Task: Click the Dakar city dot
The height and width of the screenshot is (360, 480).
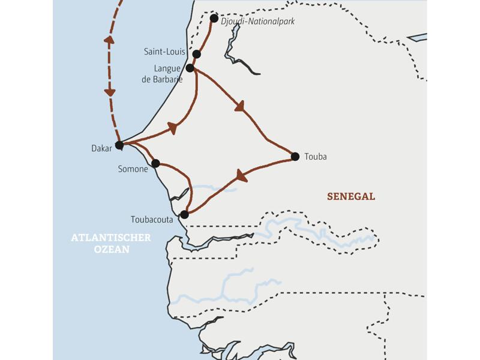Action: click(x=119, y=145)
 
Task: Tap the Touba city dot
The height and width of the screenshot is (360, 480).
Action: click(x=295, y=157)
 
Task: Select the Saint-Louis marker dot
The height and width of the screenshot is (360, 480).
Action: click(x=197, y=54)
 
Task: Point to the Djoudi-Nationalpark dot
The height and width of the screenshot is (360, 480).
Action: click(x=214, y=18)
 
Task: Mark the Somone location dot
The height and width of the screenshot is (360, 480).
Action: click(x=155, y=163)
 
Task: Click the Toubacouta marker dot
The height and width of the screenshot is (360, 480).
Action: click(x=184, y=214)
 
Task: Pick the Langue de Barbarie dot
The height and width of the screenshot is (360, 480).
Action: click(x=190, y=68)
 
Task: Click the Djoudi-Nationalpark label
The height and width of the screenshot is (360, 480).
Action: click(x=258, y=21)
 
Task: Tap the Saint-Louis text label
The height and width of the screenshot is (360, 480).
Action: click(x=164, y=52)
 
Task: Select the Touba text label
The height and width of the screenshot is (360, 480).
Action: click(x=316, y=157)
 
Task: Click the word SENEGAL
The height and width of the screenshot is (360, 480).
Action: click(x=351, y=196)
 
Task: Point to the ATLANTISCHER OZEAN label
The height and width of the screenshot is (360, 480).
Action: click(x=111, y=244)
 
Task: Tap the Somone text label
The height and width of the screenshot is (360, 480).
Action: click(x=133, y=169)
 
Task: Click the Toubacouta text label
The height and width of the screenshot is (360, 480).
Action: click(x=152, y=220)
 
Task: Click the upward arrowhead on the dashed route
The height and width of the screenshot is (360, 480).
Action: click(x=110, y=41)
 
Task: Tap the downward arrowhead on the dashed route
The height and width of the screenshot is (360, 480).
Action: click(x=110, y=91)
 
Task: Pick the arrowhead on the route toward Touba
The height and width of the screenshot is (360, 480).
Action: click(x=240, y=107)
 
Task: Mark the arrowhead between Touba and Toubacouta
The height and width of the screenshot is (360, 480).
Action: click(x=242, y=176)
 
